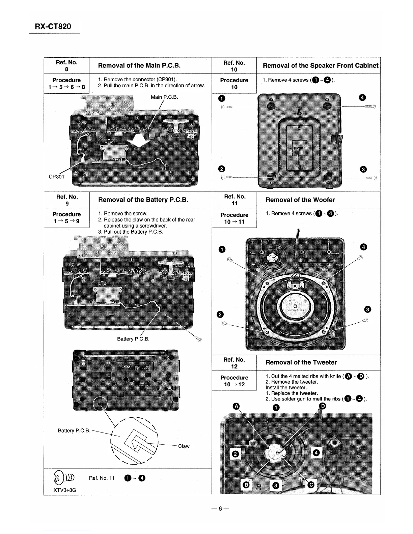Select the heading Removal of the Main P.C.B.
pos(139,65)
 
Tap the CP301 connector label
pos(56,176)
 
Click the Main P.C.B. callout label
pos(164,97)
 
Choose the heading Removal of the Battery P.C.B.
pos(143,200)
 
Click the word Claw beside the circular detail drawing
pos(184,446)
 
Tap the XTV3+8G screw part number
pos(65,490)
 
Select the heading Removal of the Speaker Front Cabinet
pos(320,66)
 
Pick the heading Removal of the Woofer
pos(300,200)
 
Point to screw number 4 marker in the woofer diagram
pos(363,247)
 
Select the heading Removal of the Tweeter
pos(301,362)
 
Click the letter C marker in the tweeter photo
pos(311,484)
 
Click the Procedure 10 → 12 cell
pos(234,381)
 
